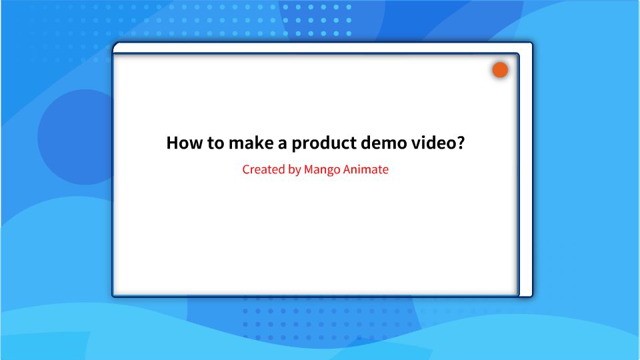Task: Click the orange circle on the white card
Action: tap(500, 70)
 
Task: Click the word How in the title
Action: tap(181, 143)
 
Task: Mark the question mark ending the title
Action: tap(460, 143)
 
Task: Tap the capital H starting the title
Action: tap(172, 143)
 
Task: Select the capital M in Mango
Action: tap(309, 169)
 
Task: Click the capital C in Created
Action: tap(246, 169)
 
